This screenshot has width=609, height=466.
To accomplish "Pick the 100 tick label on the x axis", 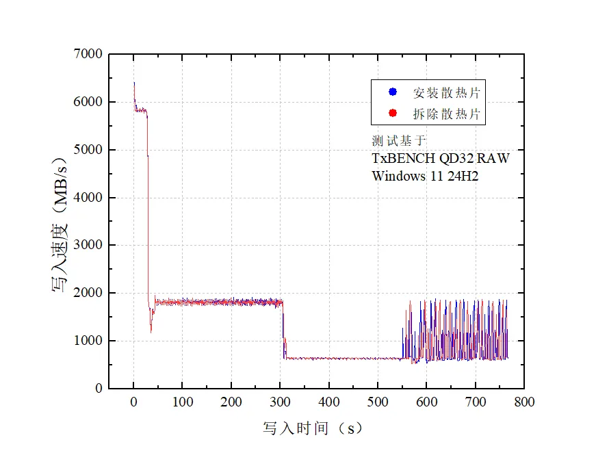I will pos(182,402).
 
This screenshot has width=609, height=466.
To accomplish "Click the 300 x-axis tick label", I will pos(280,402).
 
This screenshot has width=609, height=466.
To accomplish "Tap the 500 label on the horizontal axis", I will pos(378,402).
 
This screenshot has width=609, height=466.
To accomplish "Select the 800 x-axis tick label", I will pos(524,402).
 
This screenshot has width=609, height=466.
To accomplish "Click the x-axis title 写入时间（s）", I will pos(313,429).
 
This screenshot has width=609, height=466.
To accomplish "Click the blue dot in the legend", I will pos(392,92).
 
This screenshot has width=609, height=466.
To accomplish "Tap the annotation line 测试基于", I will pos(398,141).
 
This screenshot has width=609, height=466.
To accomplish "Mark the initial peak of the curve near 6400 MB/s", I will pos(134,83).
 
